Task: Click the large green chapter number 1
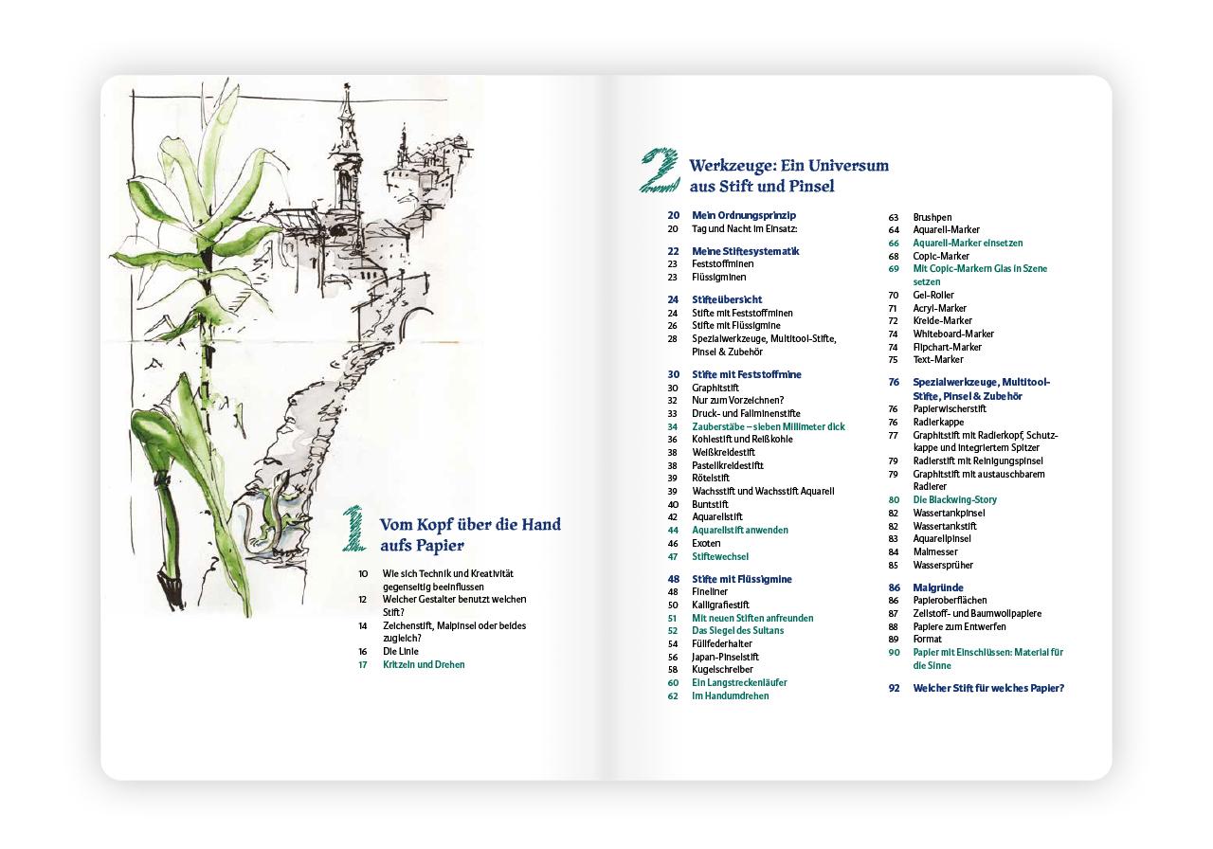point(354,529)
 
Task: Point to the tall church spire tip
point(346,85)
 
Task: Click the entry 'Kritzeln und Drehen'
point(424,664)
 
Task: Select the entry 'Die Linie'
point(401,651)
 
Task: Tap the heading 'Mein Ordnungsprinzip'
point(744,215)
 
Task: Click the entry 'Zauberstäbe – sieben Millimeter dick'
point(769,426)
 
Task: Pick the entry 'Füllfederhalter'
point(722,643)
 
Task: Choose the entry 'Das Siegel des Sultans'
point(737,631)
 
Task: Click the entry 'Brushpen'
point(932,217)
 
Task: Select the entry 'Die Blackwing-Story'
point(954,499)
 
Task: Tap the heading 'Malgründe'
point(938,587)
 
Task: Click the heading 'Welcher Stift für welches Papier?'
point(988,688)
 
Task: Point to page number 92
point(894,688)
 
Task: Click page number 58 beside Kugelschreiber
point(673,670)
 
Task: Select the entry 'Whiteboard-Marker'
point(953,334)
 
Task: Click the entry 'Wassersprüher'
point(943,566)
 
